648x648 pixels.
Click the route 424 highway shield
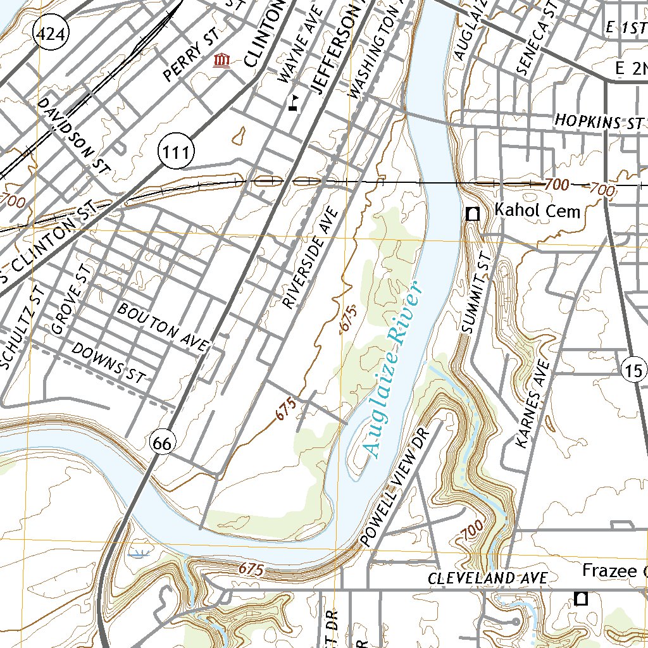click(x=52, y=35)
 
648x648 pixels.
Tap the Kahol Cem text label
click(x=537, y=211)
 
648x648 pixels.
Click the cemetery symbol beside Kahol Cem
click(x=472, y=214)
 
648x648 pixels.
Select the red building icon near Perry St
click(x=221, y=61)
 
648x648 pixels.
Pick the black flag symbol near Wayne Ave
click(x=293, y=103)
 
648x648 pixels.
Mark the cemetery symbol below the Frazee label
click(x=580, y=598)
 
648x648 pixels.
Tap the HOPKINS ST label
click(x=599, y=121)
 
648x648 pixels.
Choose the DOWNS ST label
click(x=108, y=363)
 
